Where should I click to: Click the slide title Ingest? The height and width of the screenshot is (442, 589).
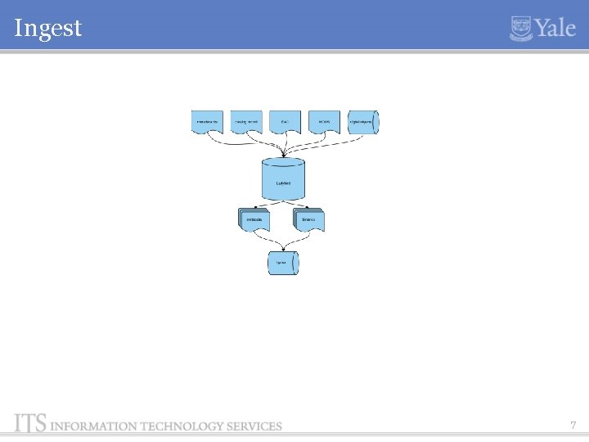(48, 29)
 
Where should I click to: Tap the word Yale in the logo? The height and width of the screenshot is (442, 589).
(556, 29)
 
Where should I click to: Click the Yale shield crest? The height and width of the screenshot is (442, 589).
(521, 29)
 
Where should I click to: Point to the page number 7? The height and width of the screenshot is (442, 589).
(573, 425)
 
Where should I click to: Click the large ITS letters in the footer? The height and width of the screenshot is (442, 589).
(30, 422)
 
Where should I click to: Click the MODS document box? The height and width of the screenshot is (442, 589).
(324, 121)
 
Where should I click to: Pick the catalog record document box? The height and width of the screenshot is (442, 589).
(246, 121)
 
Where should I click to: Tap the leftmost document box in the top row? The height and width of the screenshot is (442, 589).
(207, 121)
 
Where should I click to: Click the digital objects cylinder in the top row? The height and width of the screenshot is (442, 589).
(364, 121)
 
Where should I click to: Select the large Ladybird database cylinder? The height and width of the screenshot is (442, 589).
(283, 180)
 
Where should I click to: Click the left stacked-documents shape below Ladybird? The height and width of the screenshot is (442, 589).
(254, 219)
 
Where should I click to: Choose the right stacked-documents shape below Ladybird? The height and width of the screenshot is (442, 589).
(308, 219)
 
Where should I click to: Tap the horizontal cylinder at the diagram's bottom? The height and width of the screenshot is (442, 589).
(283, 263)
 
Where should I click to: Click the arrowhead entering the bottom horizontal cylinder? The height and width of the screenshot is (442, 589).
(283, 249)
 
